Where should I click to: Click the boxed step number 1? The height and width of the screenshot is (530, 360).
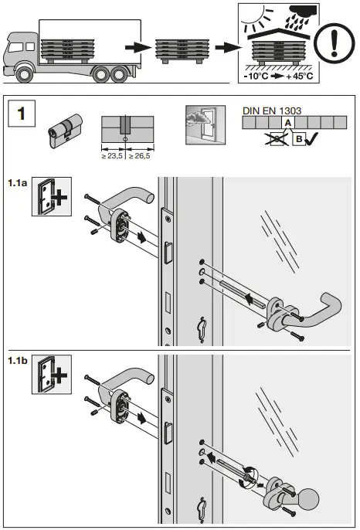21,114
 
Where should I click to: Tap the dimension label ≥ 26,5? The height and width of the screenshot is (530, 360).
139,156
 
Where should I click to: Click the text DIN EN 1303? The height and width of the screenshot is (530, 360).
267,110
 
